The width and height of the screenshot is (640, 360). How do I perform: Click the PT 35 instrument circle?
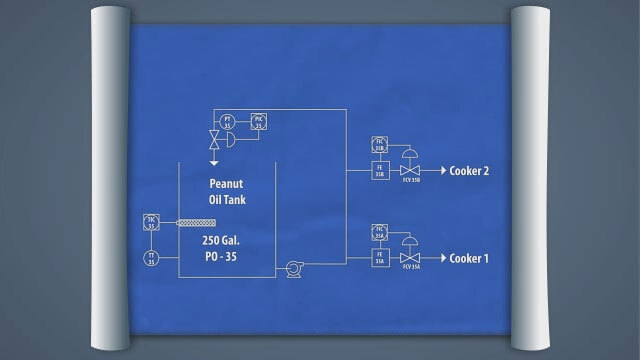point(228,121)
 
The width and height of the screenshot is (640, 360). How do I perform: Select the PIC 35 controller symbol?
point(259,121)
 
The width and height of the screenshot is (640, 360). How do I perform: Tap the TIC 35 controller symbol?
point(151,223)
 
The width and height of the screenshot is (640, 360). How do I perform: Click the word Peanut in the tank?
point(226,183)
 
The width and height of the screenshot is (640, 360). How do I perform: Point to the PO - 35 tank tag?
point(225,258)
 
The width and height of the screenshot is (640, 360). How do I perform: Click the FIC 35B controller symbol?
point(380,142)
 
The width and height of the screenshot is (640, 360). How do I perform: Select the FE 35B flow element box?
point(380,170)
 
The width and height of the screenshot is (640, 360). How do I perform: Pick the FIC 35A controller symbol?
point(380,231)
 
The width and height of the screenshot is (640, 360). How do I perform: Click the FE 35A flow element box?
point(380,258)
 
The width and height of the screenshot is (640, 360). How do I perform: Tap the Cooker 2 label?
point(469,171)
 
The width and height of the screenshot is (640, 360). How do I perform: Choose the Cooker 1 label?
point(469,258)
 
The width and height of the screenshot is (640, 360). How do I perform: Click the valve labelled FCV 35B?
point(409,170)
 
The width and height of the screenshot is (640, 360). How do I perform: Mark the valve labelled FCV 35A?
point(409,258)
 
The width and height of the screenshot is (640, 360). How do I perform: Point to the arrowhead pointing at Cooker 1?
point(441,258)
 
